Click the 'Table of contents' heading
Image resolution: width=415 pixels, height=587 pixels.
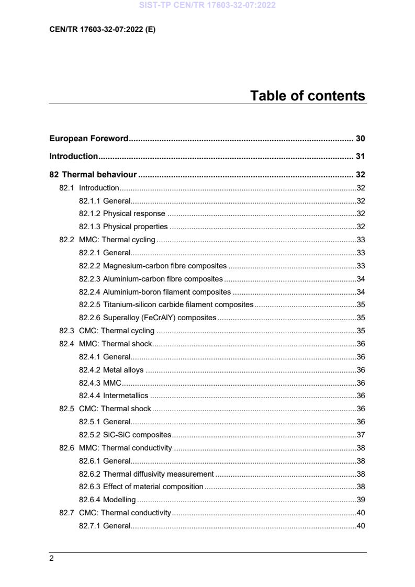307,96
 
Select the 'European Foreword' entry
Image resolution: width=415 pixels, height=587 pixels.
88,139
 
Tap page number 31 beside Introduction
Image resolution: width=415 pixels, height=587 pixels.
360,156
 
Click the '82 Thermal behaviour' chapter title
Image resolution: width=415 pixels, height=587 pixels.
93,175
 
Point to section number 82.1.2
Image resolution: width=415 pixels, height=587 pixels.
89,213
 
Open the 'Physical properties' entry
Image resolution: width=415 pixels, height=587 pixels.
135,227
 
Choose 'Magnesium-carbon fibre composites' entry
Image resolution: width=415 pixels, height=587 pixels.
164,266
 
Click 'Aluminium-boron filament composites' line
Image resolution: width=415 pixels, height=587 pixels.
166,292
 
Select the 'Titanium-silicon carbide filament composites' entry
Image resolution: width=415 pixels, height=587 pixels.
178,304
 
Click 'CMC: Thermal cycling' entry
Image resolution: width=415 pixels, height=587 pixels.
116,331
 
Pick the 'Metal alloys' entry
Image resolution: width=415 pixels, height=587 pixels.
123,370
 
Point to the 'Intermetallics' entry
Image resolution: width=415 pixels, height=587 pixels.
125,396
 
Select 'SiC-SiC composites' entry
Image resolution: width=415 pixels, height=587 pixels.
137,435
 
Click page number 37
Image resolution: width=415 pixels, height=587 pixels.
361,435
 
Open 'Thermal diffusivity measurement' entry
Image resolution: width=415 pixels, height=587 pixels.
158,474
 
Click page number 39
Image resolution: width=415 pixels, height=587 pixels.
361,500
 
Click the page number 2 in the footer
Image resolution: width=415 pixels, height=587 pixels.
51,559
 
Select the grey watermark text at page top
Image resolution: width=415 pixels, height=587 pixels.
207,6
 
